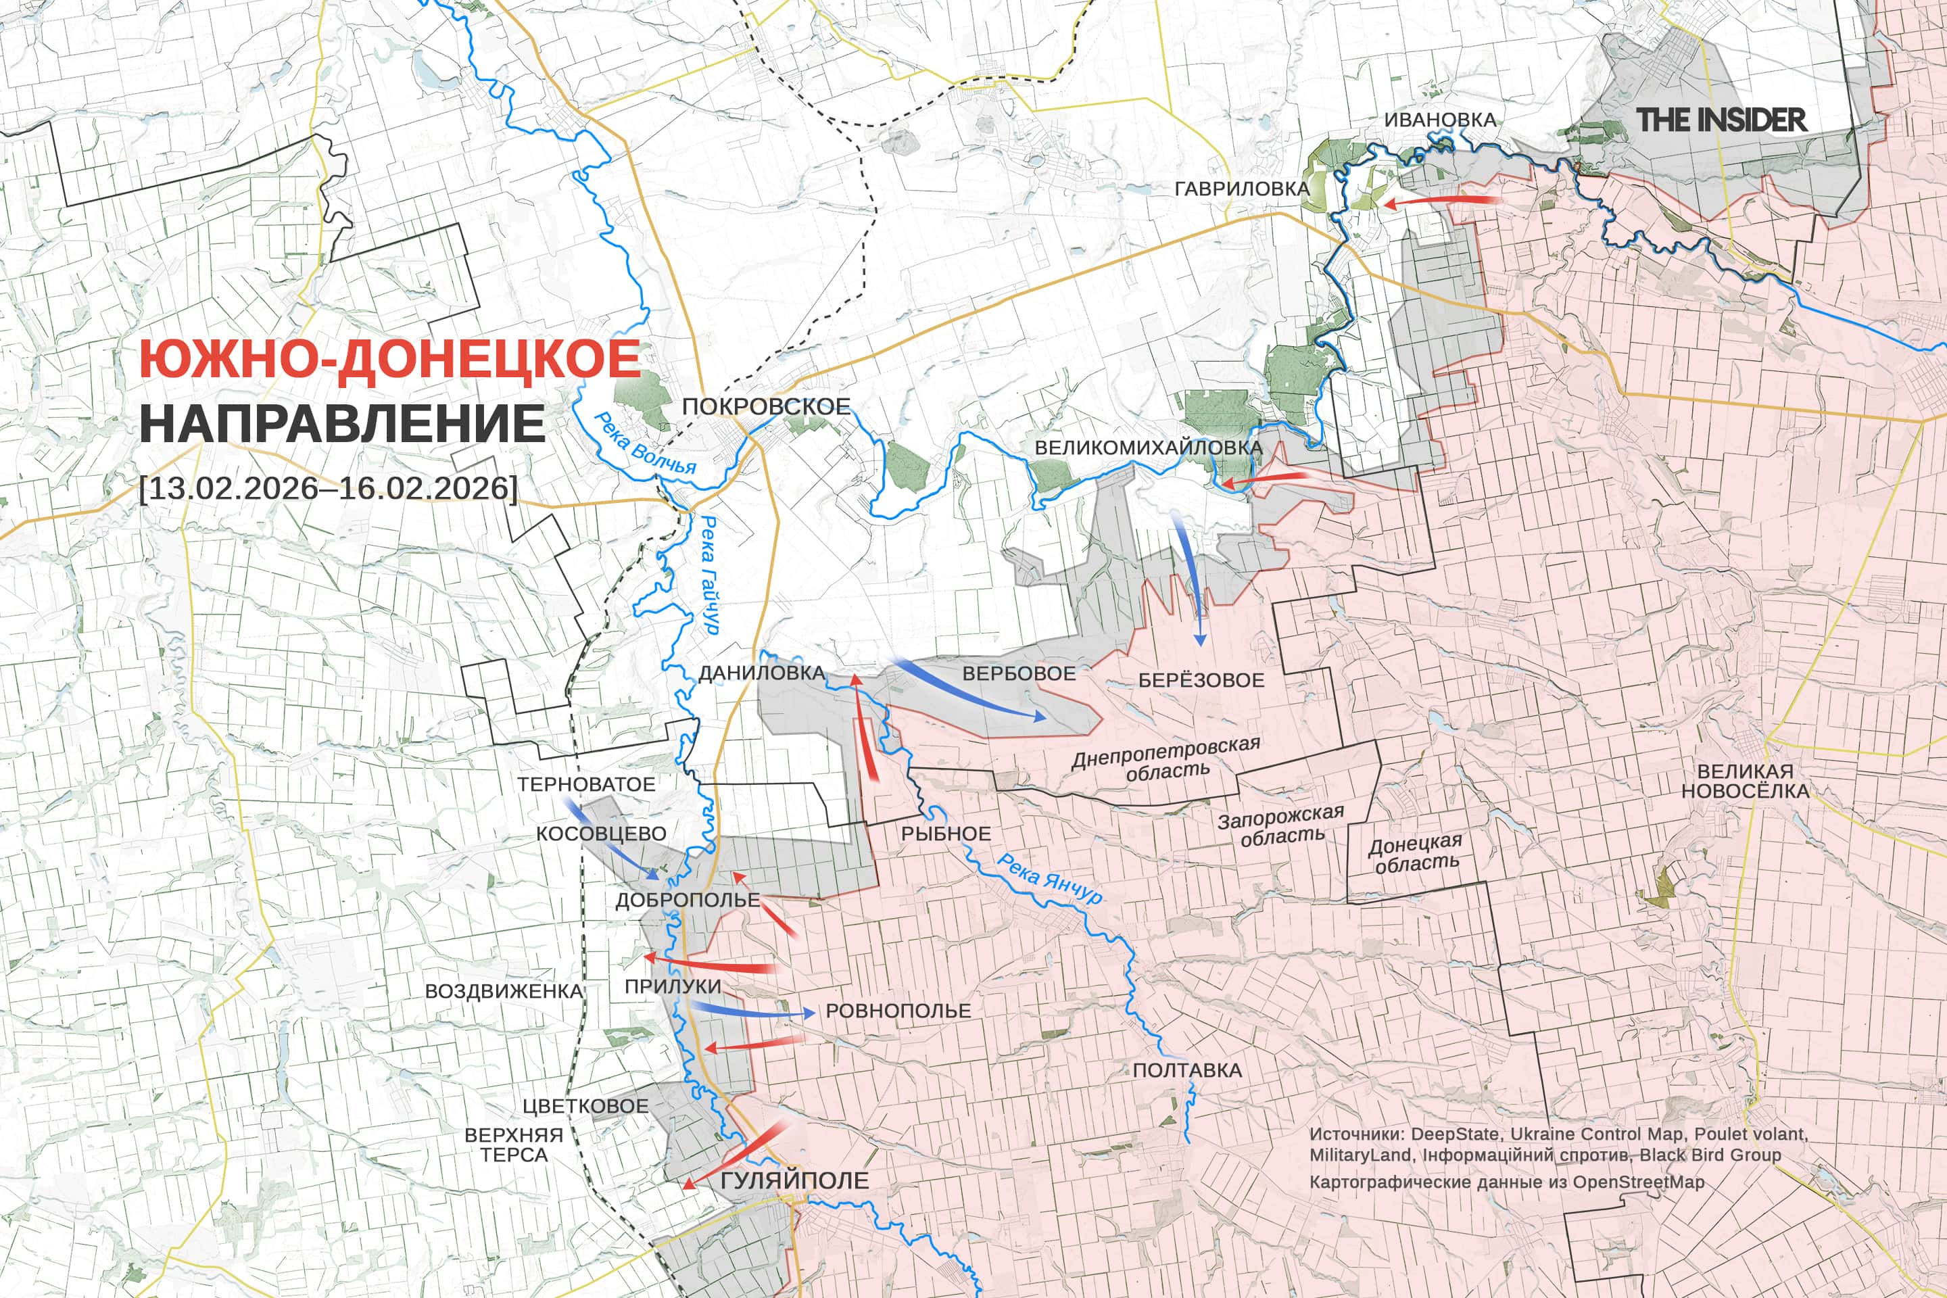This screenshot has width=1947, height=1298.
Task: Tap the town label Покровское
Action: coord(766,406)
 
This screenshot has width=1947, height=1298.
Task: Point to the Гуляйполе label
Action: coord(795,1180)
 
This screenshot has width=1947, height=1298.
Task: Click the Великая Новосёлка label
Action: coord(1745,781)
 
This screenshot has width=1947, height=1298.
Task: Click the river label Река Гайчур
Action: coord(709,575)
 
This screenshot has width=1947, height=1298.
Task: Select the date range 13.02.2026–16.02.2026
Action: coord(329,487)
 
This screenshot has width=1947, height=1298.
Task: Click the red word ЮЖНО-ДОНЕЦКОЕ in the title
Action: coord(389,359)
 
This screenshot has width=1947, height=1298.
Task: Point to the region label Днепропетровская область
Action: coord(1165,757)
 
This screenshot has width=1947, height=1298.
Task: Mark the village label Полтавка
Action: coord(1187,1070)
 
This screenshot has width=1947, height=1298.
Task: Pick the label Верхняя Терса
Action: coord(513,1145)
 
